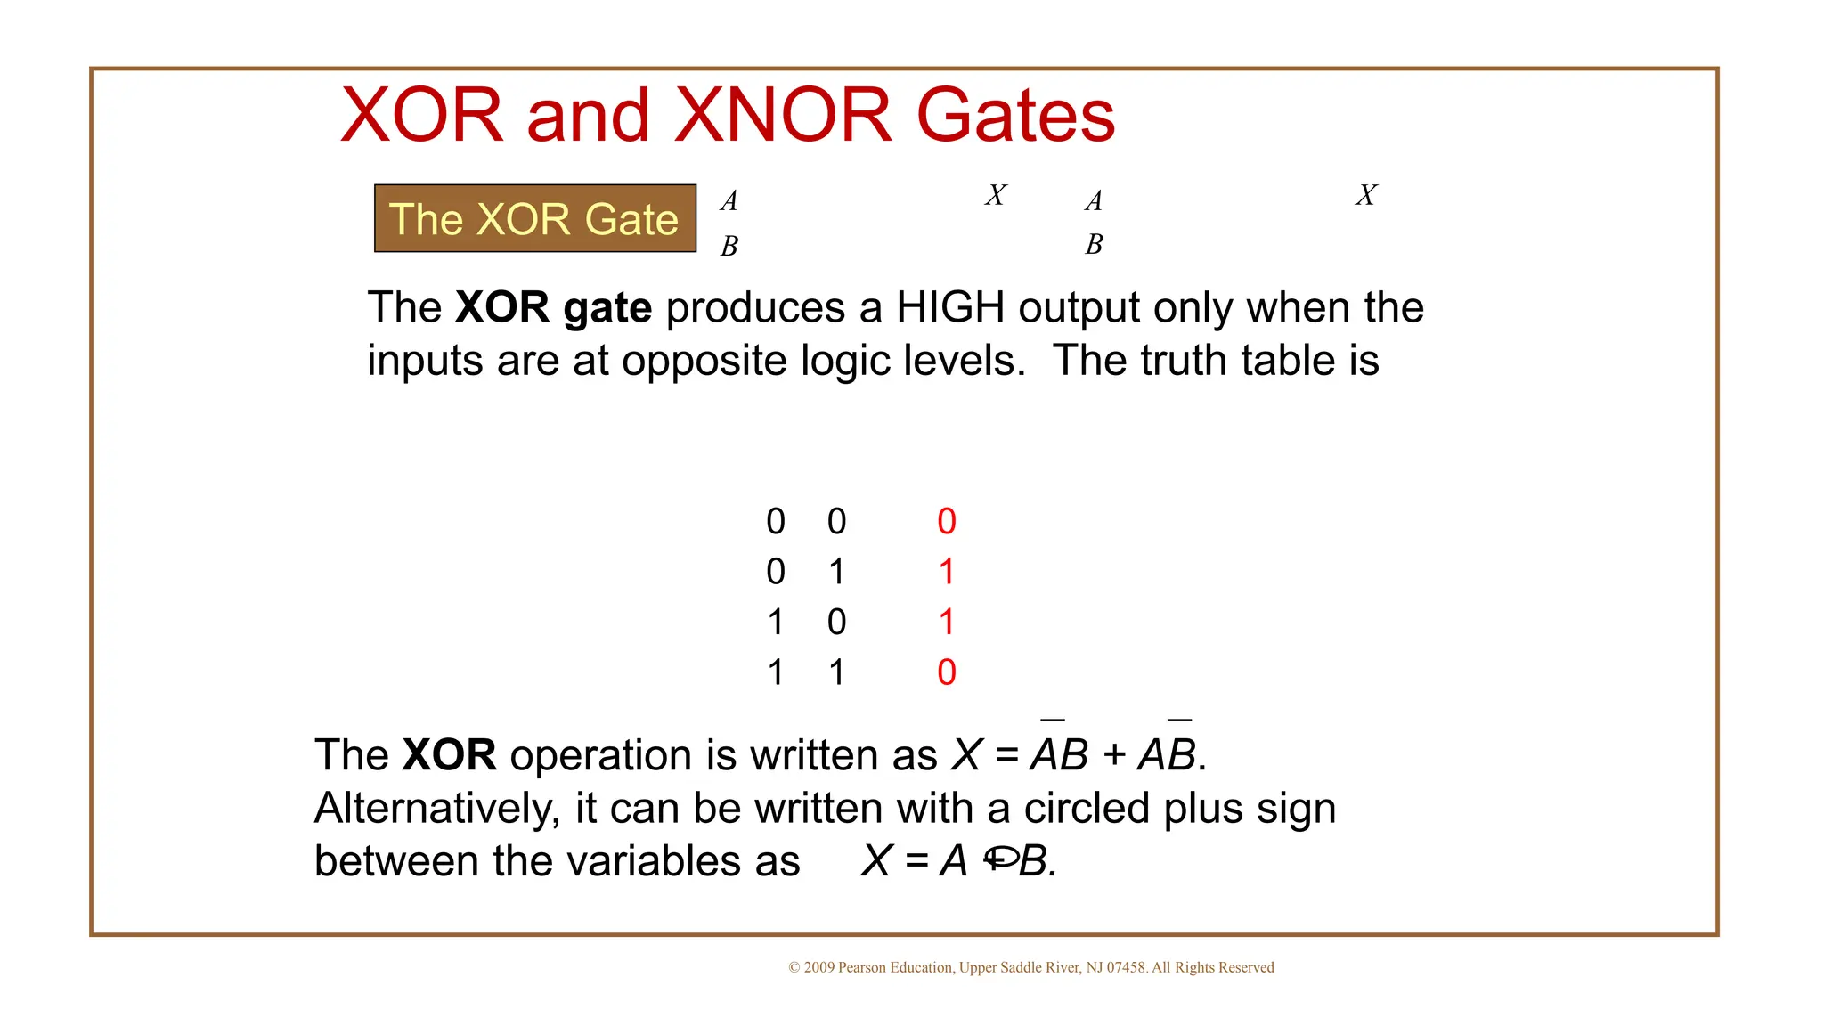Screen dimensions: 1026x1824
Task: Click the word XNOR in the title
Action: click(783, 115)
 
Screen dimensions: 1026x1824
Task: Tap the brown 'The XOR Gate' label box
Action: click(534, 219)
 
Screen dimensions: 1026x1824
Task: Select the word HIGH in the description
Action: click(950, 307)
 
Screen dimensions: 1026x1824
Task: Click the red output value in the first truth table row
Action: click(947, 521)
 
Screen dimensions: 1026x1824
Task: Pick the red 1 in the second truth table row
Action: click(947, 571)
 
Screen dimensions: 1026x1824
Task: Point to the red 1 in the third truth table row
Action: click(947, 622)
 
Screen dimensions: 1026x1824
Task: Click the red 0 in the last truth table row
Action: click(947, 672)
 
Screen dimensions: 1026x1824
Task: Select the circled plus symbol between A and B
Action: click(1000, 859)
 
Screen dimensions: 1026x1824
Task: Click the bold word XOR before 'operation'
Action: click(449, 755)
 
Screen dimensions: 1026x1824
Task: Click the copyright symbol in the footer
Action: click(794, 968)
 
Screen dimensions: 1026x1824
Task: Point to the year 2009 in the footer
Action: click(819, 968)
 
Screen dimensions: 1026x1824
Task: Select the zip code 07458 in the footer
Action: click(1126, 968)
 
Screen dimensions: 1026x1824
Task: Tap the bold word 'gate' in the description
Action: click(607, 308)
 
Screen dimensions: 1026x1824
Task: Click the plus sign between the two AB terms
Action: click(1113, 756)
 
